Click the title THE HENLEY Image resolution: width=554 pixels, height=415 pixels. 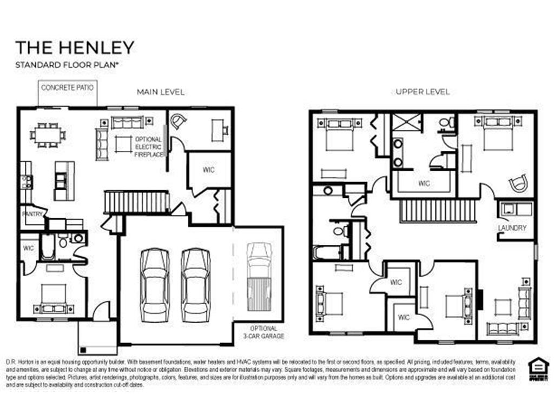pos(74,48)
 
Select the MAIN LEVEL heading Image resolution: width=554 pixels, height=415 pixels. pos(160,92)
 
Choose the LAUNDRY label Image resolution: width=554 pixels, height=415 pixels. pos(512,228)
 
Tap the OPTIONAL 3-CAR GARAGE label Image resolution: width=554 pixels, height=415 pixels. pos(263,332)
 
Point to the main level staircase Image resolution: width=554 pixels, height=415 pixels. pos(137,202)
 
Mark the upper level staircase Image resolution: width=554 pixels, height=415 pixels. pos(438,210)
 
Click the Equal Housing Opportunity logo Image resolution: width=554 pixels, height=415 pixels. pos(538,370)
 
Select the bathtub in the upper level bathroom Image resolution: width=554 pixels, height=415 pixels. pos(327,252)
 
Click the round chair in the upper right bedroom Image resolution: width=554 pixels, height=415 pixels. pos(519,183)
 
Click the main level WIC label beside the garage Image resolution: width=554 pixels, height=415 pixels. pos(209,170)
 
